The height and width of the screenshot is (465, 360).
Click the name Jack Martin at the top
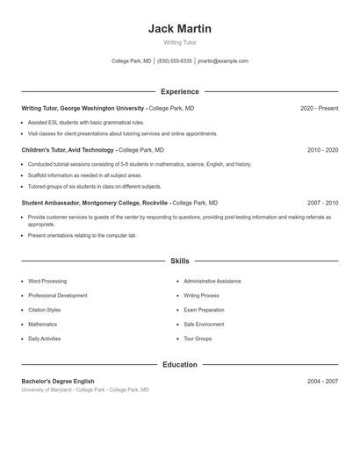180,29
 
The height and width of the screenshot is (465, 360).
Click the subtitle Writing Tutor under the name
180,42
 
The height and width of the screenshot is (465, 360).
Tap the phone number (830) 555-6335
174,61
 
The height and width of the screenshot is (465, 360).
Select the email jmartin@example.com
223,61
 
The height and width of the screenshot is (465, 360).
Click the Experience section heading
180,91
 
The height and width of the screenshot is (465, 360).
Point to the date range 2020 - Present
319,108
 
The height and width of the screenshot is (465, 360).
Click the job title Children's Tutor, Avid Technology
68,150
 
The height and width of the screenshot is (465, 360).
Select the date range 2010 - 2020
322,150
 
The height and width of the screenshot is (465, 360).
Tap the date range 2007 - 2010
322,202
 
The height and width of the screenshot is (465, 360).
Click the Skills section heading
180,261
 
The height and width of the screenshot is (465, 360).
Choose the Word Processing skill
47,282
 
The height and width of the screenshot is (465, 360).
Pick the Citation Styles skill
45,310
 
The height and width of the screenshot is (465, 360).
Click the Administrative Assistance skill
212,282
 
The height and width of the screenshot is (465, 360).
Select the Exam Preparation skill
204,310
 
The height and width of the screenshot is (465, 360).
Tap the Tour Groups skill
198,338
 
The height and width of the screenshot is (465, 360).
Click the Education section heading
180,364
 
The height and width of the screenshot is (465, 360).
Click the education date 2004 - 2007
322,382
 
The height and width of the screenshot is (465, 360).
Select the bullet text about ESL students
86,123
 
